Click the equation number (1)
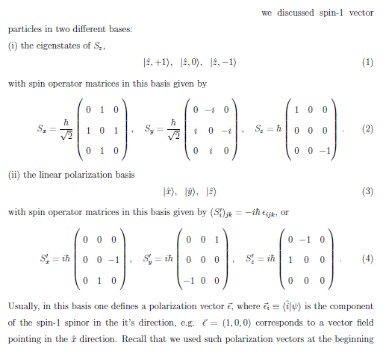pos(367,62)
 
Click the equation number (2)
pos(367,128)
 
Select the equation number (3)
pos(367,191)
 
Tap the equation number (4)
pos(367,260)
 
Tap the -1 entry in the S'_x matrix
pos(113,260)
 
